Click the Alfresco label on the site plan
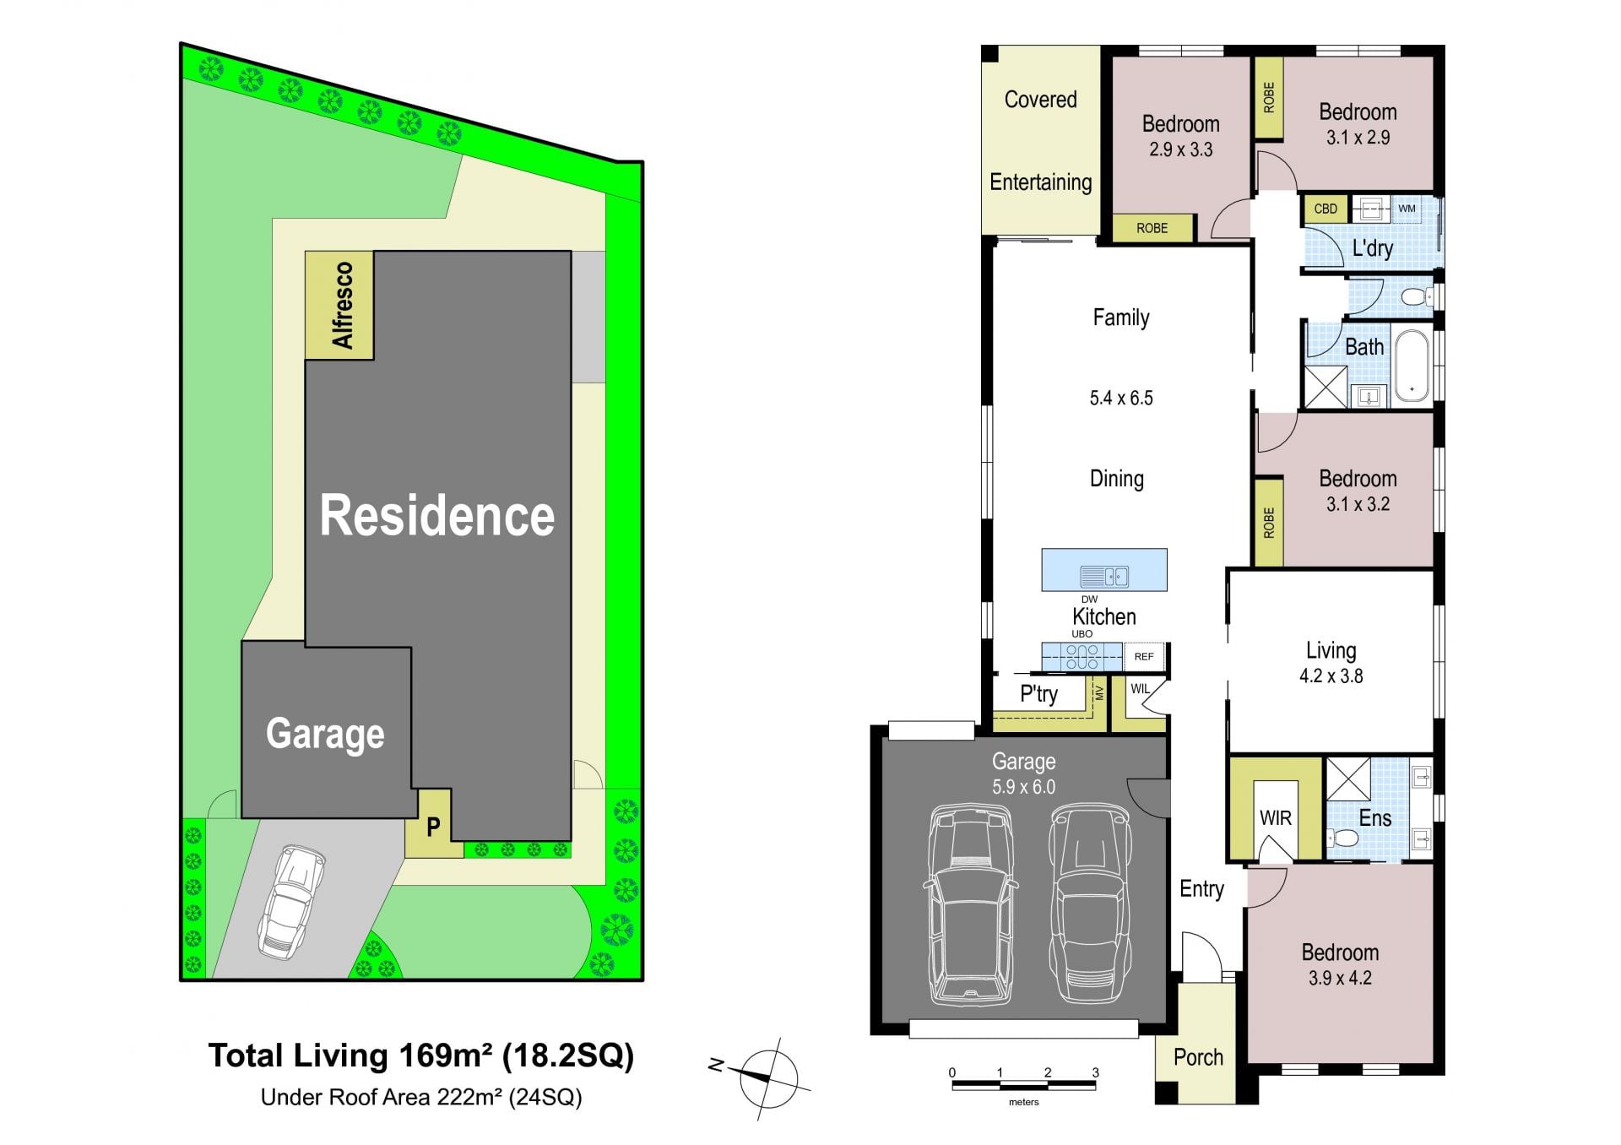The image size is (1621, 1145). click(342, 305)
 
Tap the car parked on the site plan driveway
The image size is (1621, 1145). click(291, 902)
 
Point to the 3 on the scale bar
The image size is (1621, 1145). click(1096, 1072)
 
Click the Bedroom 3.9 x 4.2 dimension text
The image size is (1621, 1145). click(1340, 978)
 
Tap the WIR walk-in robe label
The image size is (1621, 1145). click(1275, 817)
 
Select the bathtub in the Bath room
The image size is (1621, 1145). click(1412, 365)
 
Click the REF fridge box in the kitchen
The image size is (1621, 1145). click(1144, 656)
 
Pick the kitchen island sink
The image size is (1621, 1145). click(1104, 577)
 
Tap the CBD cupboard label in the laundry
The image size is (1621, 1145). click(1326, 209)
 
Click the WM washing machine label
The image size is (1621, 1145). click(1407, 208)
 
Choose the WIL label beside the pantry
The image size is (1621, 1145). click(1140, 688)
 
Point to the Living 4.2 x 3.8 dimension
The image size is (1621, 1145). click(1331, 676)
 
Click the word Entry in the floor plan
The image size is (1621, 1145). click(1201, 888)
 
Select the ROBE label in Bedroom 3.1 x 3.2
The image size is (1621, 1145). click(1268, 523)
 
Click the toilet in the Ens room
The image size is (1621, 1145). click(1341, 838)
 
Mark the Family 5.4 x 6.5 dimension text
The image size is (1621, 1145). click(1121, 398)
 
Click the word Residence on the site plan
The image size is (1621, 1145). click(437, 515)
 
